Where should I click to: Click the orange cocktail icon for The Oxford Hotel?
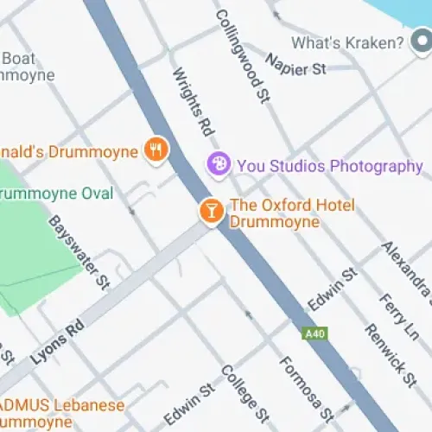210,210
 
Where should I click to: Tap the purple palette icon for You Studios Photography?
218,163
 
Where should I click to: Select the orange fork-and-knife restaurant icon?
156,149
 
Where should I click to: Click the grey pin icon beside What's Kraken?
422,41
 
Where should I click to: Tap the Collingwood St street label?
241,57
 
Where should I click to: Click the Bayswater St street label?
79,251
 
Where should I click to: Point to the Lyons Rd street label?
59,341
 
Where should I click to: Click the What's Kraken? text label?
347,42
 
